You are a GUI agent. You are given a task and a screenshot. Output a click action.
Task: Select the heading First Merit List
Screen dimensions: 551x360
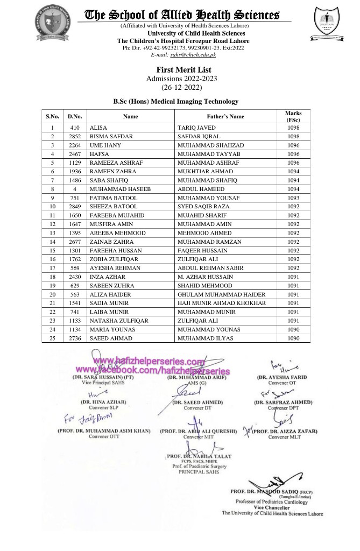click(x=183, y=70)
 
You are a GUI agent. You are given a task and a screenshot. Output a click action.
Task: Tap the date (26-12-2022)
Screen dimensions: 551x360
click(x=183, y=87)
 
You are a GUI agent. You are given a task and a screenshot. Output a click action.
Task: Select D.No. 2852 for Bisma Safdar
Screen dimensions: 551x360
click(x=75, y=137)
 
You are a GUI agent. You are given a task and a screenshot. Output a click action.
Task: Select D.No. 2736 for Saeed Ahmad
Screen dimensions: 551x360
click(x=75, y=338)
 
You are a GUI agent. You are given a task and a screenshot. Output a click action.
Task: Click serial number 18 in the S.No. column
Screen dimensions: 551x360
click(x=52, y=277)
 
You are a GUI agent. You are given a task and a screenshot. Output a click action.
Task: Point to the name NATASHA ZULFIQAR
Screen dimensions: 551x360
click(x=116, y=320)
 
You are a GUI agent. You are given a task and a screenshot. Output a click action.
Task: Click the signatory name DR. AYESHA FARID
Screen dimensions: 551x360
click(x=282, y=377)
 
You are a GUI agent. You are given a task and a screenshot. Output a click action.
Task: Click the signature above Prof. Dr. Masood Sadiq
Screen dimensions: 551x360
click(x=272, y=477)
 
